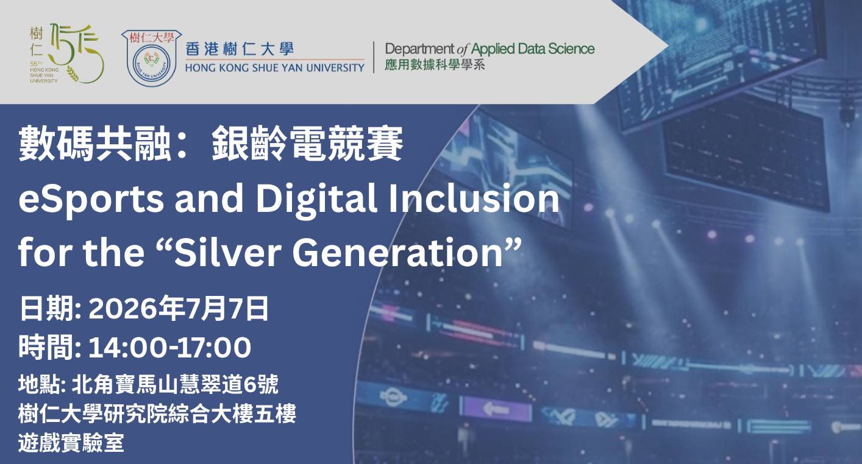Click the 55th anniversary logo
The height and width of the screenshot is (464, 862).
pyautogui.click(x=66, y=54)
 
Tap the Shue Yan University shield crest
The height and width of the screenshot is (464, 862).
pyautogui.click(x=152, y=58)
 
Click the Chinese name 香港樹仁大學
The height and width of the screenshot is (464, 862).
pyautogui.click(x=240, y=49)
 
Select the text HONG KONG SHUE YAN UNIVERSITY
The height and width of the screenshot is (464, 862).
pyautogui.click(x=274, y=68)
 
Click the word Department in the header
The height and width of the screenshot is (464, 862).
pyautogui.click(x=419, y=49)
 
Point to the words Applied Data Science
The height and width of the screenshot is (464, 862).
pyautogui.click(x=533, y=49)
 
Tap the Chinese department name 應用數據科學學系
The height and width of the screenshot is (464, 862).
pyautogui.click(x=435, y=65)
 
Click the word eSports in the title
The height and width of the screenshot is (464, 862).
pyautogui.click(x=91, y=199)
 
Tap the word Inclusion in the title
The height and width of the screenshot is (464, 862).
pyautogui.click(x=474, y=197)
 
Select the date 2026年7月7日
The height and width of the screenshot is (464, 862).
pyautogui.click(x=178, y=308)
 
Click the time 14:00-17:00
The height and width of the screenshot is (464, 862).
pyautogui.click(x=169, y=348)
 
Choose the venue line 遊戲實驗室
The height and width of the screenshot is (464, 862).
pyautogui.click(x=71, y=443)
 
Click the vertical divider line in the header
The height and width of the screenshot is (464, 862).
pyautogui.click(x=374, y=57)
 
